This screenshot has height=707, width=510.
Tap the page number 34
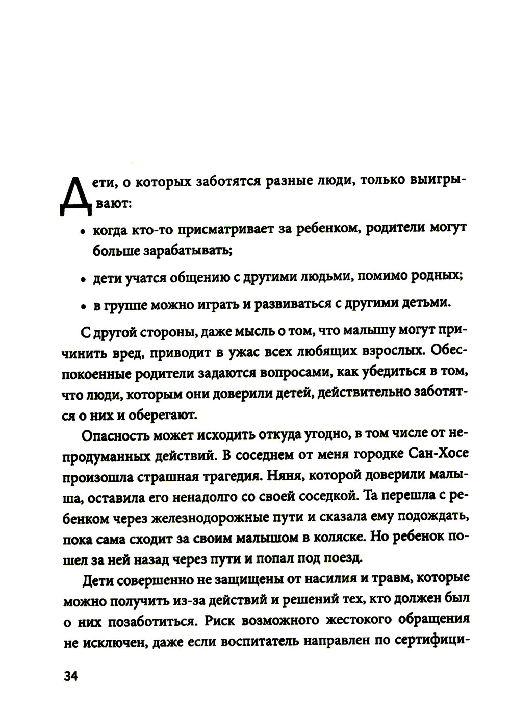(69, 676)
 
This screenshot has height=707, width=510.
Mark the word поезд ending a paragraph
(345, 558)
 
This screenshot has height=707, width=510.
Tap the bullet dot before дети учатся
(82, 280)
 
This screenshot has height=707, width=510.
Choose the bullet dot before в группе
(82, 307)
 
